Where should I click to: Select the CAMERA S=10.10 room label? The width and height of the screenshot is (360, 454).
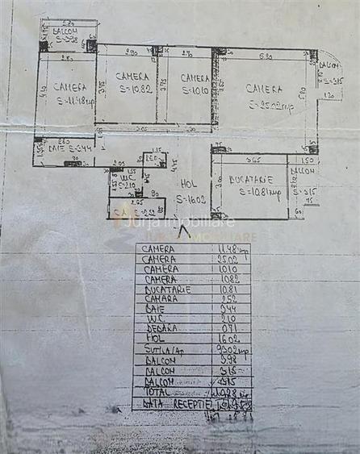(194, 85)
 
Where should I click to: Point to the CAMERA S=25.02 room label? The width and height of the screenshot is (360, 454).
(263, 96)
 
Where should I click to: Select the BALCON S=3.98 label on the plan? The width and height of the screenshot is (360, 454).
(67, 34)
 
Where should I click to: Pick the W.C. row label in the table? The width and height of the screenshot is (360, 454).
(155, 320)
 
